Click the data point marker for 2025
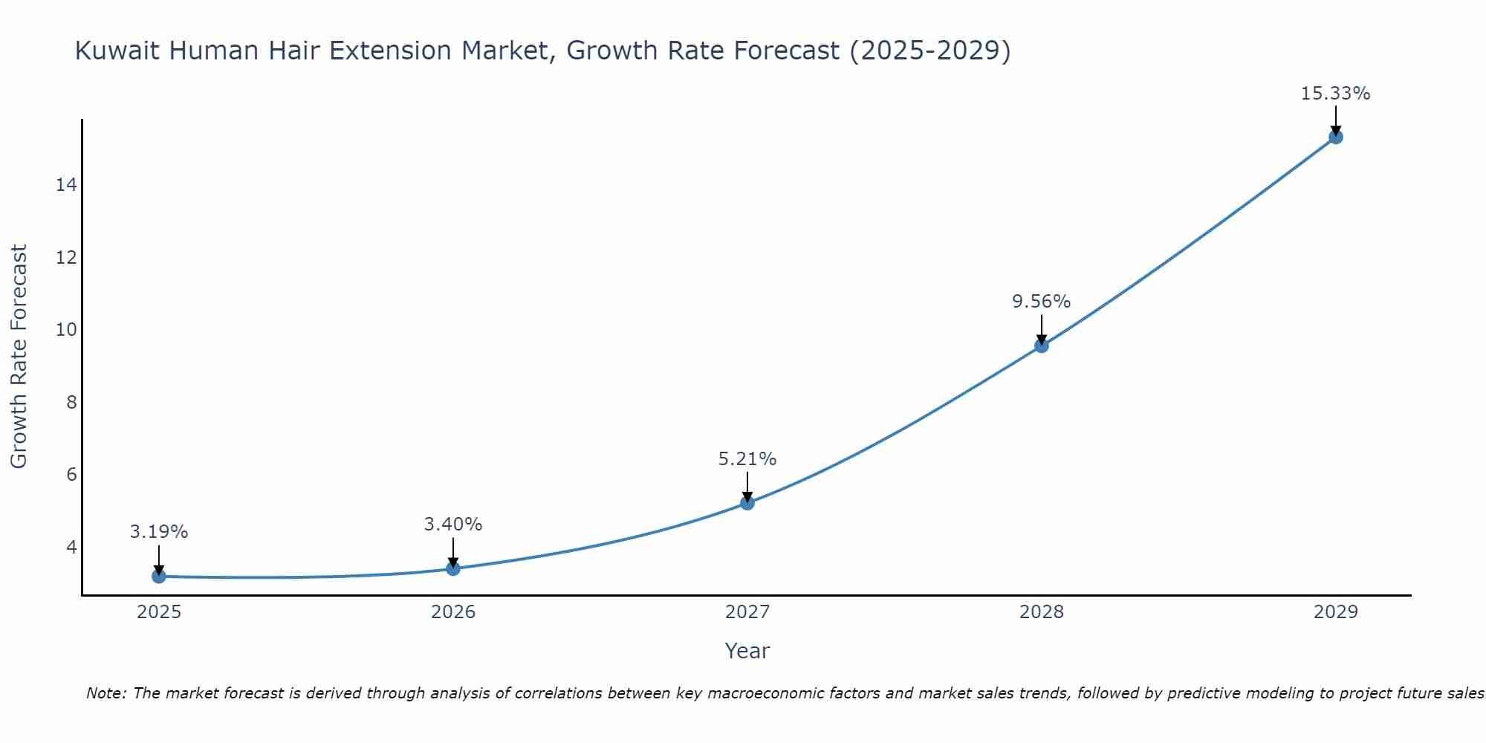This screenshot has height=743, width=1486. point(158,576)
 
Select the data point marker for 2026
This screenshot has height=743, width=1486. point(453,568)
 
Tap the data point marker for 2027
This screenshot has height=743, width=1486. point(747,503)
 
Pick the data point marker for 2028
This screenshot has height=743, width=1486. point(1042,345)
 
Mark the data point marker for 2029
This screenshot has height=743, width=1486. point(1336,137)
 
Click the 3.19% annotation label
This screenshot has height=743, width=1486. point(159,532)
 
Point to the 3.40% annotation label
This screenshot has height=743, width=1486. point(453,525)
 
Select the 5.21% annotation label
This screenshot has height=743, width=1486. point(747,459)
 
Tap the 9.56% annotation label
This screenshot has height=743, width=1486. point(1042,302)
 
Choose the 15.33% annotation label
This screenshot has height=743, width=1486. point(1336,94)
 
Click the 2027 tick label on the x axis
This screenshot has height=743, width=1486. point(747,612)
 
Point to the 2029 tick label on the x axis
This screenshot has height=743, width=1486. point(1336,612)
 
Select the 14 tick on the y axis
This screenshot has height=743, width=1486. point(66,185)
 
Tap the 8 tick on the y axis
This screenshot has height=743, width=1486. point(71,403)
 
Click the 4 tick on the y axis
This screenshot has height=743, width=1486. point(71,548)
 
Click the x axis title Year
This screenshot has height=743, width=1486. point(747,651)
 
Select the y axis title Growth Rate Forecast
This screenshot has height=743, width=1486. point(19,357)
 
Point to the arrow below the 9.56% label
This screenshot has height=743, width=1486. point(1042,328)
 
